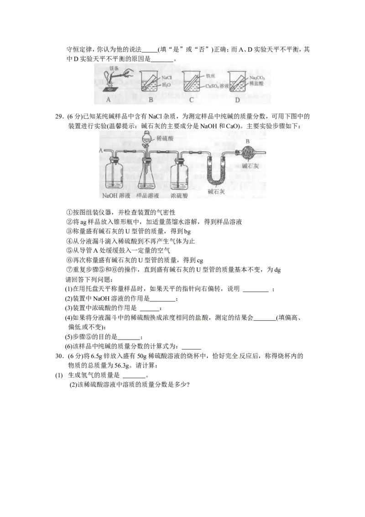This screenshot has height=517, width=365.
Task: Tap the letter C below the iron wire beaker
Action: [x=192, y=100]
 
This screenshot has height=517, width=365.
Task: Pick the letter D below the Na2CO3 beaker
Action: [x=237, y=100]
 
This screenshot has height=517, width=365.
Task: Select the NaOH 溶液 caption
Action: [x=115, y=197]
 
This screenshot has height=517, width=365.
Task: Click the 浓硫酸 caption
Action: [x=179, y=197]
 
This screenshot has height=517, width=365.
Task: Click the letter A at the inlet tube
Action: [x=101, y=149]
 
